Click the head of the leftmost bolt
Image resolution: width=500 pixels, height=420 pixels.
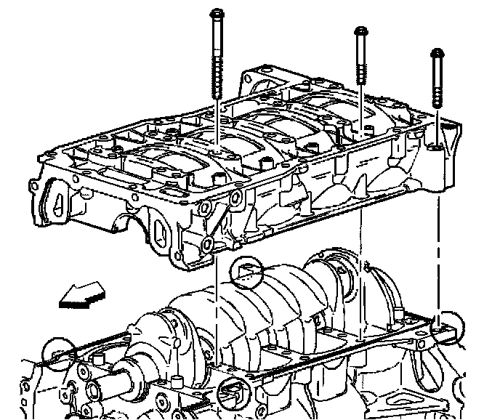(x=218, y=14)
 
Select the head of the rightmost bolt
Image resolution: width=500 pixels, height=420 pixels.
(x=437, y=54)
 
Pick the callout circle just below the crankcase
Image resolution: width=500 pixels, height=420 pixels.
(x=245, y=272)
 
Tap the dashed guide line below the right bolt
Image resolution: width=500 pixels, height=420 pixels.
(x=437, y=240)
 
